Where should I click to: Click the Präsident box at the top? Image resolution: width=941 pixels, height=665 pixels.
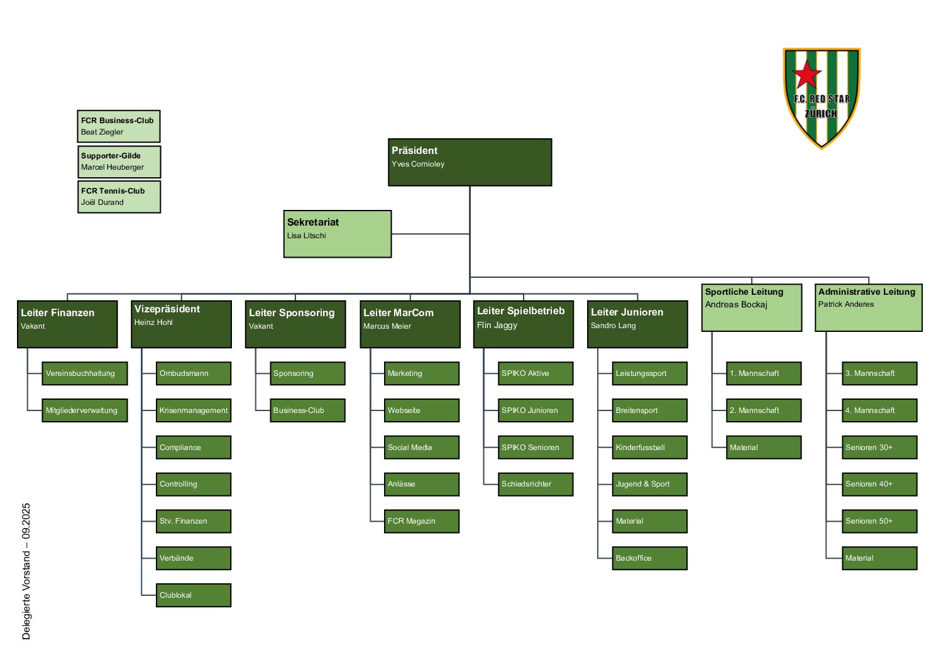coord(470,162)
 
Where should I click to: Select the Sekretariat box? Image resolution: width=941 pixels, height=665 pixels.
coord(338,234)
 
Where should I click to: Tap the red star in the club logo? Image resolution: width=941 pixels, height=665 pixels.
coord(807,75)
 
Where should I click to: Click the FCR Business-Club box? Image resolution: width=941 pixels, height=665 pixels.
coord(119,126)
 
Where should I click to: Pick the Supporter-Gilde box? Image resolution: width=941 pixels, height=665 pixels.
coord(119,162)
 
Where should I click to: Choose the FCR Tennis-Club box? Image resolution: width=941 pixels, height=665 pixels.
coord(119,197)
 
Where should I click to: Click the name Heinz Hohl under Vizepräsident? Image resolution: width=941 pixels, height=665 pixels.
coord(153,322)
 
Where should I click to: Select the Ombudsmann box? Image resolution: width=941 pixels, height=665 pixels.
coord(193,373)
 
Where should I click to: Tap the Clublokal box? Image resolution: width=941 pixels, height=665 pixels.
coord(193,595)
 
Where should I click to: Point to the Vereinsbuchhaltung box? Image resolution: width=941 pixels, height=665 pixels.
coord(84,373)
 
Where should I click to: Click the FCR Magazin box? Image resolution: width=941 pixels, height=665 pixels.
coord(421,521)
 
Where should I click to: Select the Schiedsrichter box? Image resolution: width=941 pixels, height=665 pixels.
coord(535,484)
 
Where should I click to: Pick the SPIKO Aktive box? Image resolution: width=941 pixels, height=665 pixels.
coord(535,373)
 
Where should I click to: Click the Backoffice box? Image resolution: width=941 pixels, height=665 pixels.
coord(649,558)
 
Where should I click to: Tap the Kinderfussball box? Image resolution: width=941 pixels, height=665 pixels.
coord(649,448)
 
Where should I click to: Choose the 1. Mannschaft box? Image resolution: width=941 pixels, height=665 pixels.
coord(763,373)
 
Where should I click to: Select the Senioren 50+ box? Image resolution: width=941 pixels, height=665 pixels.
coord(879,521)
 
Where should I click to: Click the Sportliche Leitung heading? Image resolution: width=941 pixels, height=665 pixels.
coord(744,292)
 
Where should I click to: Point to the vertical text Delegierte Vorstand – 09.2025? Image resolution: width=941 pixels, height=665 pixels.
coord(26,571)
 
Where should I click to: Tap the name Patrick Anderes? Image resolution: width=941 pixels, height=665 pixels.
coord(845,304)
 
